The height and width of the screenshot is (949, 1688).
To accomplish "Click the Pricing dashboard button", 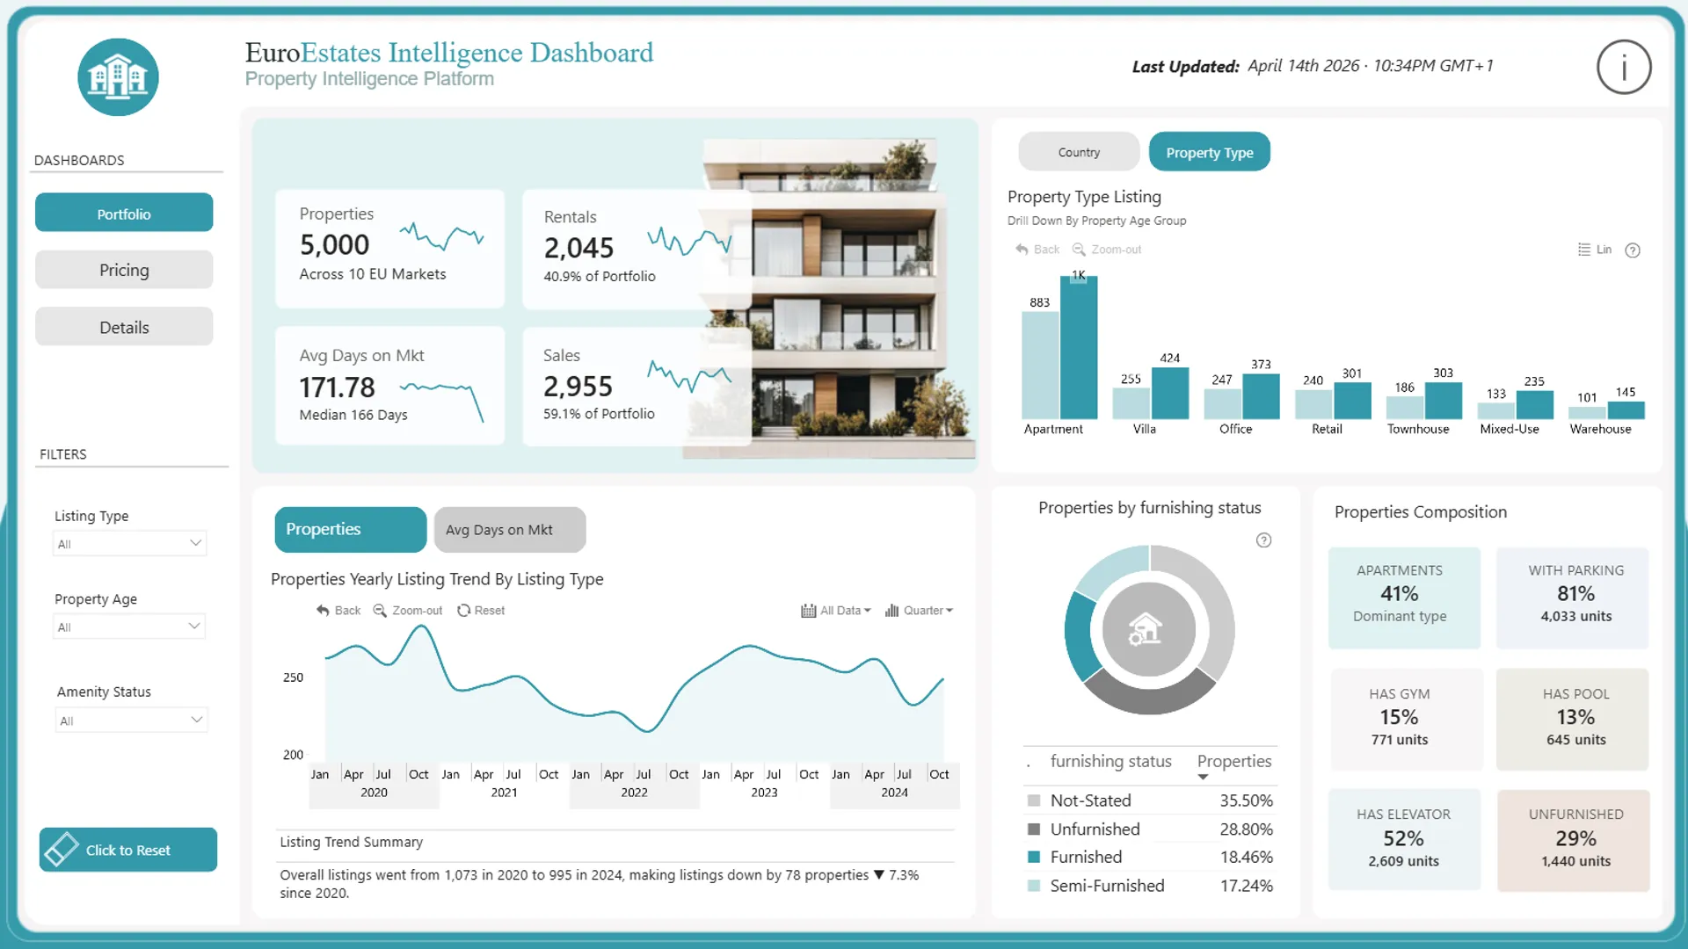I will (124, 271).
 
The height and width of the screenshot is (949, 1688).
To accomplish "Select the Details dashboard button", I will (124, 328).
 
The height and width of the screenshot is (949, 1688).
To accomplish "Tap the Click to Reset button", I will (128, 850).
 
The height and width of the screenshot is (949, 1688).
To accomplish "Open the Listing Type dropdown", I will (129, 544).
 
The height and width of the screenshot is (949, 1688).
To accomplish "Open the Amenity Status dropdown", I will (131, 721).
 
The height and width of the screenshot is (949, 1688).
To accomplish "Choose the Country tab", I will (1079, 152).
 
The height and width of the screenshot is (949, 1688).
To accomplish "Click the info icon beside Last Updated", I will (1623, 67).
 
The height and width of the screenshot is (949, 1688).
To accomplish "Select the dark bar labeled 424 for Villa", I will (1169, 393).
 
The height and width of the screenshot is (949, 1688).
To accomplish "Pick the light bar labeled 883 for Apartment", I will (1040, 365).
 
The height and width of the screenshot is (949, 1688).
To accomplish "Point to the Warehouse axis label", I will (1600, 429).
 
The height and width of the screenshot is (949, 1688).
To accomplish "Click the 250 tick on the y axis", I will (293, 677).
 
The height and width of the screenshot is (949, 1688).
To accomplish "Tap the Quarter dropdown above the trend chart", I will (920, 611).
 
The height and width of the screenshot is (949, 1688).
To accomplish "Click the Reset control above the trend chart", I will (481, 611).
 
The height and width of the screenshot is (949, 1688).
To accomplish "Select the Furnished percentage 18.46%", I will (1246, 857).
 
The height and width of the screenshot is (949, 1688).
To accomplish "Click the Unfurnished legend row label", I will (1095, 829).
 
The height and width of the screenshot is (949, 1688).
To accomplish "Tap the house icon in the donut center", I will (1146, 629).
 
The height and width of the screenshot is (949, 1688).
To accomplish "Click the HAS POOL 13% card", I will (1575, 719).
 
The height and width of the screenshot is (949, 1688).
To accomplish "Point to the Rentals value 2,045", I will (578, 248).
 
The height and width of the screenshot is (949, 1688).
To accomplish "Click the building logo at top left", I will (118, 77).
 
